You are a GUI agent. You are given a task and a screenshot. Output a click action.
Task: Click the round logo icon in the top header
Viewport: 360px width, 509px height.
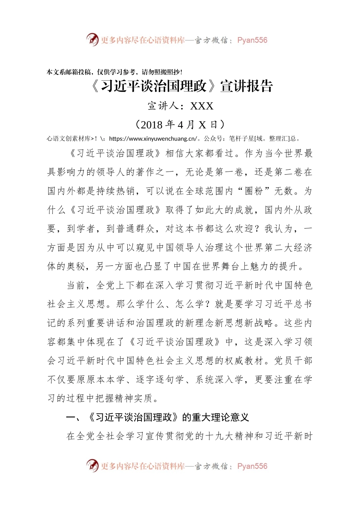[x=92, y=39]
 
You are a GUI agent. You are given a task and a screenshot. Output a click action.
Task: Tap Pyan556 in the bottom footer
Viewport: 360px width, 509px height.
[x=252, y=466]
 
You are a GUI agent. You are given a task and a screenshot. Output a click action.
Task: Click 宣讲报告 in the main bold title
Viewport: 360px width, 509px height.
[x=247, y=86]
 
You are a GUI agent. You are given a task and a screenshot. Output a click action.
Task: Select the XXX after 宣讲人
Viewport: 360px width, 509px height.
[x=202, y=106]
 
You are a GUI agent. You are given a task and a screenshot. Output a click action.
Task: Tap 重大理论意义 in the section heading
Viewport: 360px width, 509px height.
[x=220, y=417]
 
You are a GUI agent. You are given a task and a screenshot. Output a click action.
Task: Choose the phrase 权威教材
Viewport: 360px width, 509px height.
[x=244, y=361]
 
